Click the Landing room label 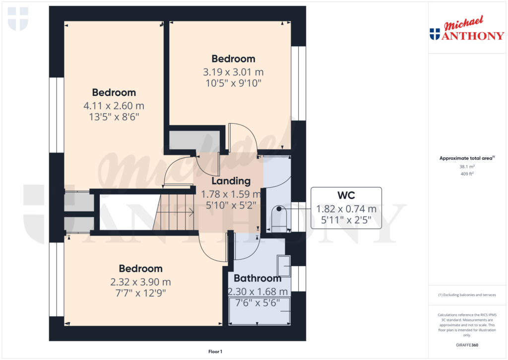pyautogui.click(x=231, y=181)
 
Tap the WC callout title pyautogui.click(x=346, y=195)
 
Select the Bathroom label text pyautogui.click(x=257, y=278)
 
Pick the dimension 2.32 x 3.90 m pyautogui.click(x=140, y=282)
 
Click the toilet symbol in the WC pyautogui.click(x=279, y=219)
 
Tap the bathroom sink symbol pyautogui.click(x=284, y=266)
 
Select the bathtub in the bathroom pyautogui.click(x=258, y=311)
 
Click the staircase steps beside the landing pyautogui.click(x=174, y=212)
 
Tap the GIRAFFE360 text pyautogui.click(x=467, y=345)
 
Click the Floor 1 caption pyautogui.click(x=215, y=352)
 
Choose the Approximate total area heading pyautogui.click(x=466, y=158)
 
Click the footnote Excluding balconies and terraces pyautogui.click(x=467, y=295)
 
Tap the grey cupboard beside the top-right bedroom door pyautogui.click(x=194, y=141)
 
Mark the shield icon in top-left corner pyautogui.click(x=18, y=19)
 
